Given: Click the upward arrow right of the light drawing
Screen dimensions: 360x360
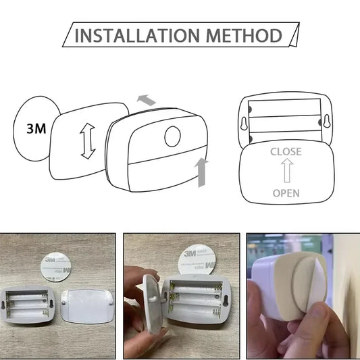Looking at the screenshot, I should (x=201, y=172).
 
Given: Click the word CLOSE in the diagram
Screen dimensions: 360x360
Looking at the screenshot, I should (x=286, y=152).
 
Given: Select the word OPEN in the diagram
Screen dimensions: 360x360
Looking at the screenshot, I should (x=286, y=193).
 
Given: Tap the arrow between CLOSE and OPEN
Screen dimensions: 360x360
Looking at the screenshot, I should (x=286, y=172).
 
